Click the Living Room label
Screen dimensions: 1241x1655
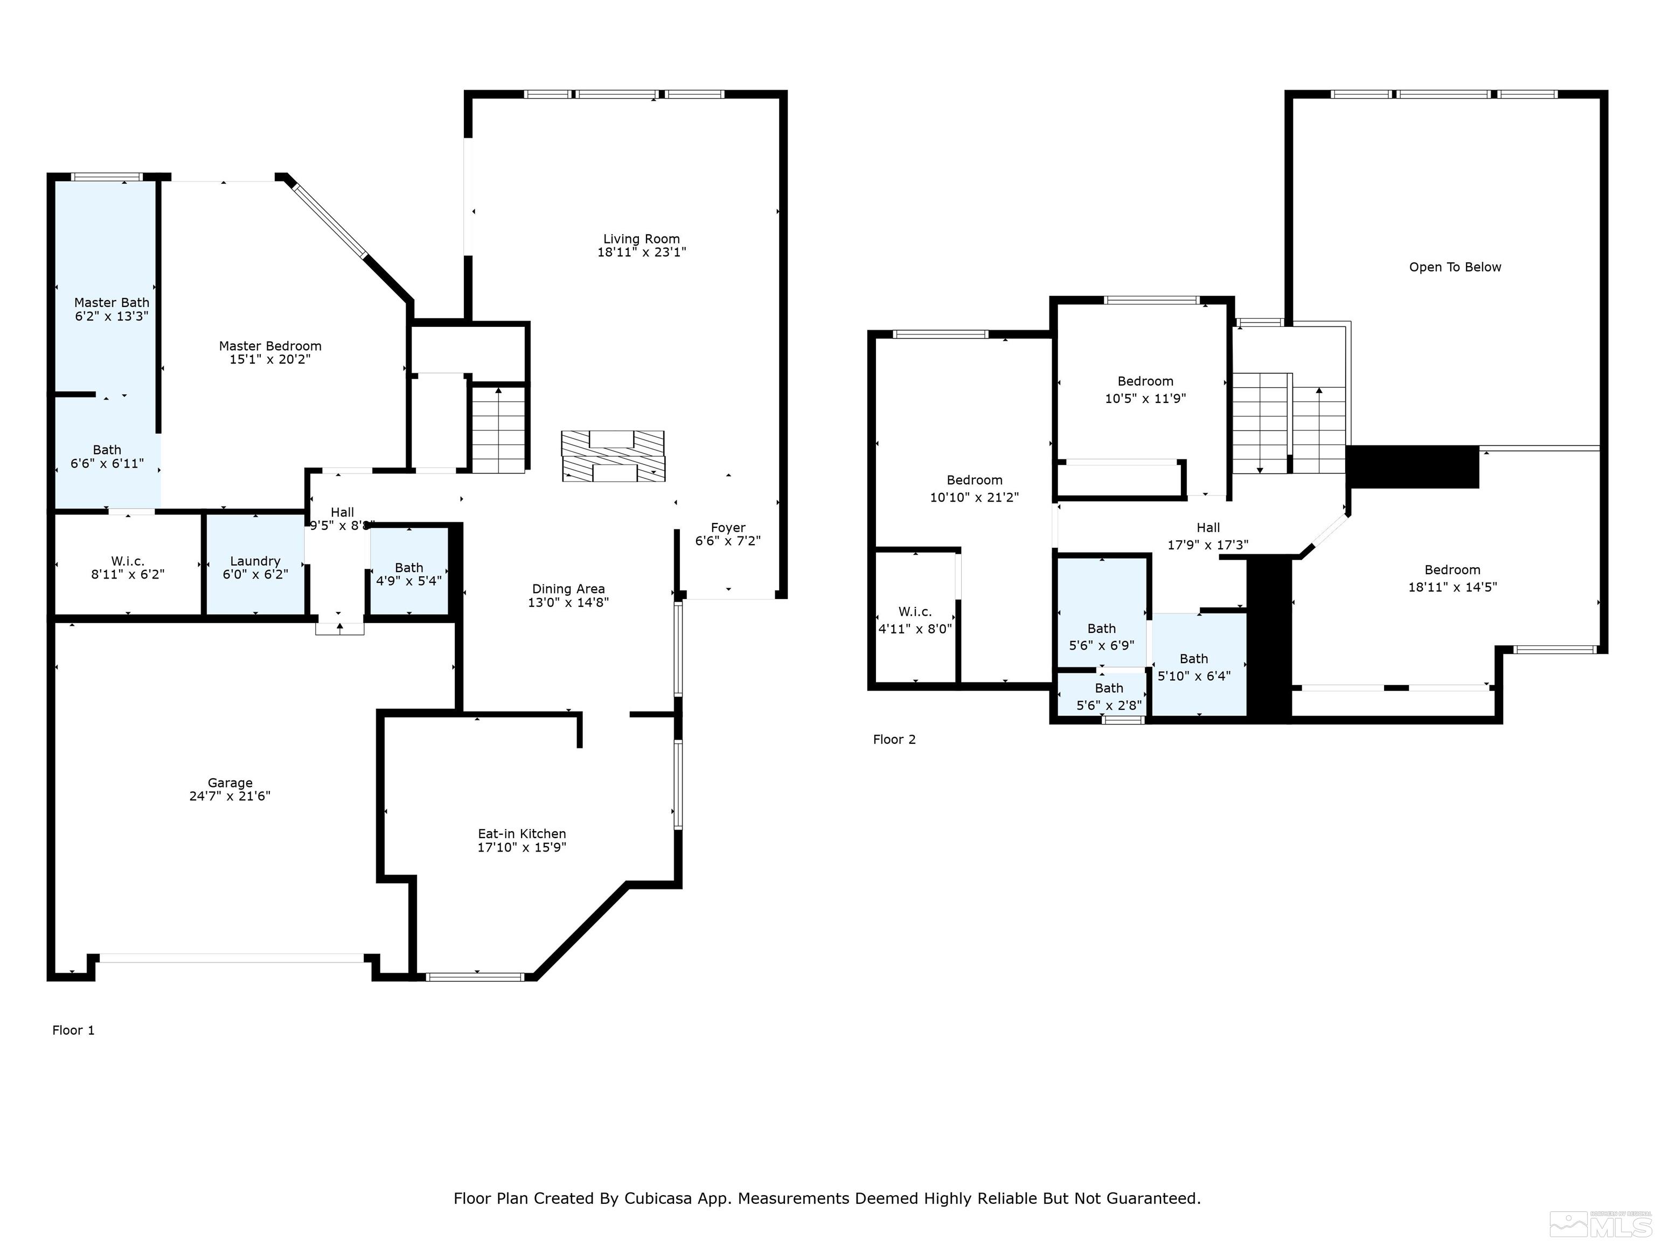[x=641, y=239]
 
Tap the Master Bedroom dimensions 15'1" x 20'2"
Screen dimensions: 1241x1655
[x=269, y=359]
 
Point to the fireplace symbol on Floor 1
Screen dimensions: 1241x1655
[x=613, y=456]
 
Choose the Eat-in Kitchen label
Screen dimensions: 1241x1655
[x=521, y=833]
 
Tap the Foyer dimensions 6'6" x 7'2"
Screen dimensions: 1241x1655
[x=727, y=541]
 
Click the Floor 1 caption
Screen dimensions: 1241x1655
[x=73, y=1030]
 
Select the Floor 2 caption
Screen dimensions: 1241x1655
[x=894, y=739]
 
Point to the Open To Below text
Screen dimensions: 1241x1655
[x=1455, y=267]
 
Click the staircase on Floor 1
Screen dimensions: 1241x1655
[x=498, y=430]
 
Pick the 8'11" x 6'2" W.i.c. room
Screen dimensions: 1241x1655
[x=127, y=567]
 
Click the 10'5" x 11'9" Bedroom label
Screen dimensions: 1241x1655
[x=1145, y=381]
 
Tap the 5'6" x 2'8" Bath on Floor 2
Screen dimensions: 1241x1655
[x=1108, y=696]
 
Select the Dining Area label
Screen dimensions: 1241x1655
[x=568, y=589]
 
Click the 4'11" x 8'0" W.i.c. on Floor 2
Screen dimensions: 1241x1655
[x=914, y=620]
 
